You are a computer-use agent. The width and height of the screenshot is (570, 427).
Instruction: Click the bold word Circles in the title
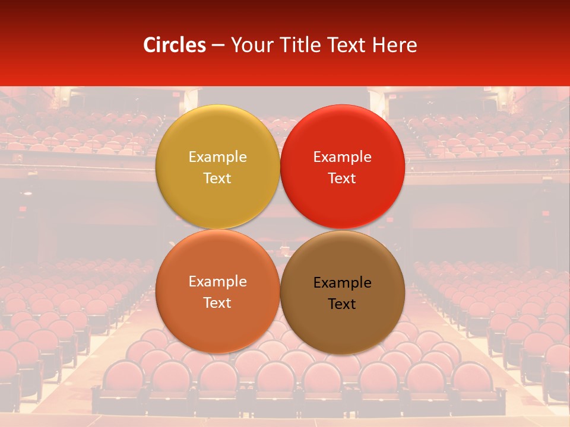click(175, 45)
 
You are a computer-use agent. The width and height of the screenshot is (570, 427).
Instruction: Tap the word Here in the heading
click(395, 45)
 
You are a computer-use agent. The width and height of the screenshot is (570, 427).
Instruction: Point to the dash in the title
click(218, 46)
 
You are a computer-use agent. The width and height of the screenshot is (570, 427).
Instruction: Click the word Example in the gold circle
click(217, 157)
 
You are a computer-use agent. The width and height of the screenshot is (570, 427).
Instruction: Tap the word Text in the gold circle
click(217, 179)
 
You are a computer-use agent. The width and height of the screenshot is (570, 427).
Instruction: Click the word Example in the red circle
click(342, 157)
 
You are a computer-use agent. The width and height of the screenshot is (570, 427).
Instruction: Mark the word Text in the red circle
click(342, 179)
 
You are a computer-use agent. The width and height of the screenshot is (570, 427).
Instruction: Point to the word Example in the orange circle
click(217, 282)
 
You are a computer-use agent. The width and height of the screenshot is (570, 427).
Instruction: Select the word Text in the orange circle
click(217, 303)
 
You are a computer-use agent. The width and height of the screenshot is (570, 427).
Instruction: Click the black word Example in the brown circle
click(342, 283)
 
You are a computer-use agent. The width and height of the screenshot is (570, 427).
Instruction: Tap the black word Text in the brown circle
click(342, 304)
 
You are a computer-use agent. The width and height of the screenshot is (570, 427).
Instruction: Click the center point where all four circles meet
click(280, 229)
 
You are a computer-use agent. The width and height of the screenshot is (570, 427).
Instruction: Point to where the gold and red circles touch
click(280, 167)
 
